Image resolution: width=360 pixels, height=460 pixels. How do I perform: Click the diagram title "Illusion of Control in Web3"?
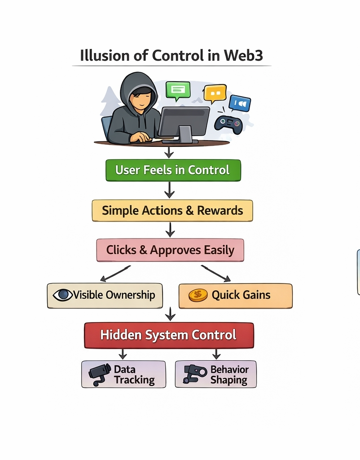pos(171,56)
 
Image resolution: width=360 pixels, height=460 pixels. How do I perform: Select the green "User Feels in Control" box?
pos(173,170)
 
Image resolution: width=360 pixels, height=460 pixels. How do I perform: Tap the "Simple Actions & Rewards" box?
pos(172,211)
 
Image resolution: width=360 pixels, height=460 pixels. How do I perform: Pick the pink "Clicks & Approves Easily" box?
pos(170,250)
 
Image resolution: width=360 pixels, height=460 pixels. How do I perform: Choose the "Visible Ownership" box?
pos(105,296)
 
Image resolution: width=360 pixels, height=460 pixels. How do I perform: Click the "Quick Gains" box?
pos(235,296)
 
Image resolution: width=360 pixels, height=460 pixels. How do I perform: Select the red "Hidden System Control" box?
pos(169,335)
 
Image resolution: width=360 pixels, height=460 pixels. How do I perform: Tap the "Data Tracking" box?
pos(123,374)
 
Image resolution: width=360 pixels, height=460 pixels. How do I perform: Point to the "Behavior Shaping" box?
pos(215,374)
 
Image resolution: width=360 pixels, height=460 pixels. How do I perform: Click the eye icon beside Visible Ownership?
pos(63,295)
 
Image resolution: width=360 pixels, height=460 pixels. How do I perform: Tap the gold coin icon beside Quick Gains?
pos(198,295)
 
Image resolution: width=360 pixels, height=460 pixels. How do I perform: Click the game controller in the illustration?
pos(228,123)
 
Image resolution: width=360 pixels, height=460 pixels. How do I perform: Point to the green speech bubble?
pos(178,90)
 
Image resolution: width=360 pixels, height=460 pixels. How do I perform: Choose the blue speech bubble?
pos(240,103)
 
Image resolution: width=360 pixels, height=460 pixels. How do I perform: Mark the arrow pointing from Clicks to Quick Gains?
pos(215,273)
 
